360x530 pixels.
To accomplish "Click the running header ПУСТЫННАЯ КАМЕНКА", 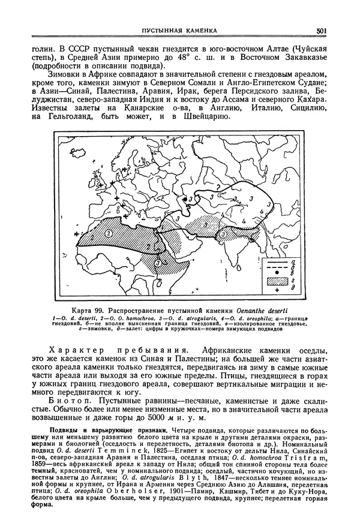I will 178,31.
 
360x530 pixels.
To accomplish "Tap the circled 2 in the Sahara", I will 109,233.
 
